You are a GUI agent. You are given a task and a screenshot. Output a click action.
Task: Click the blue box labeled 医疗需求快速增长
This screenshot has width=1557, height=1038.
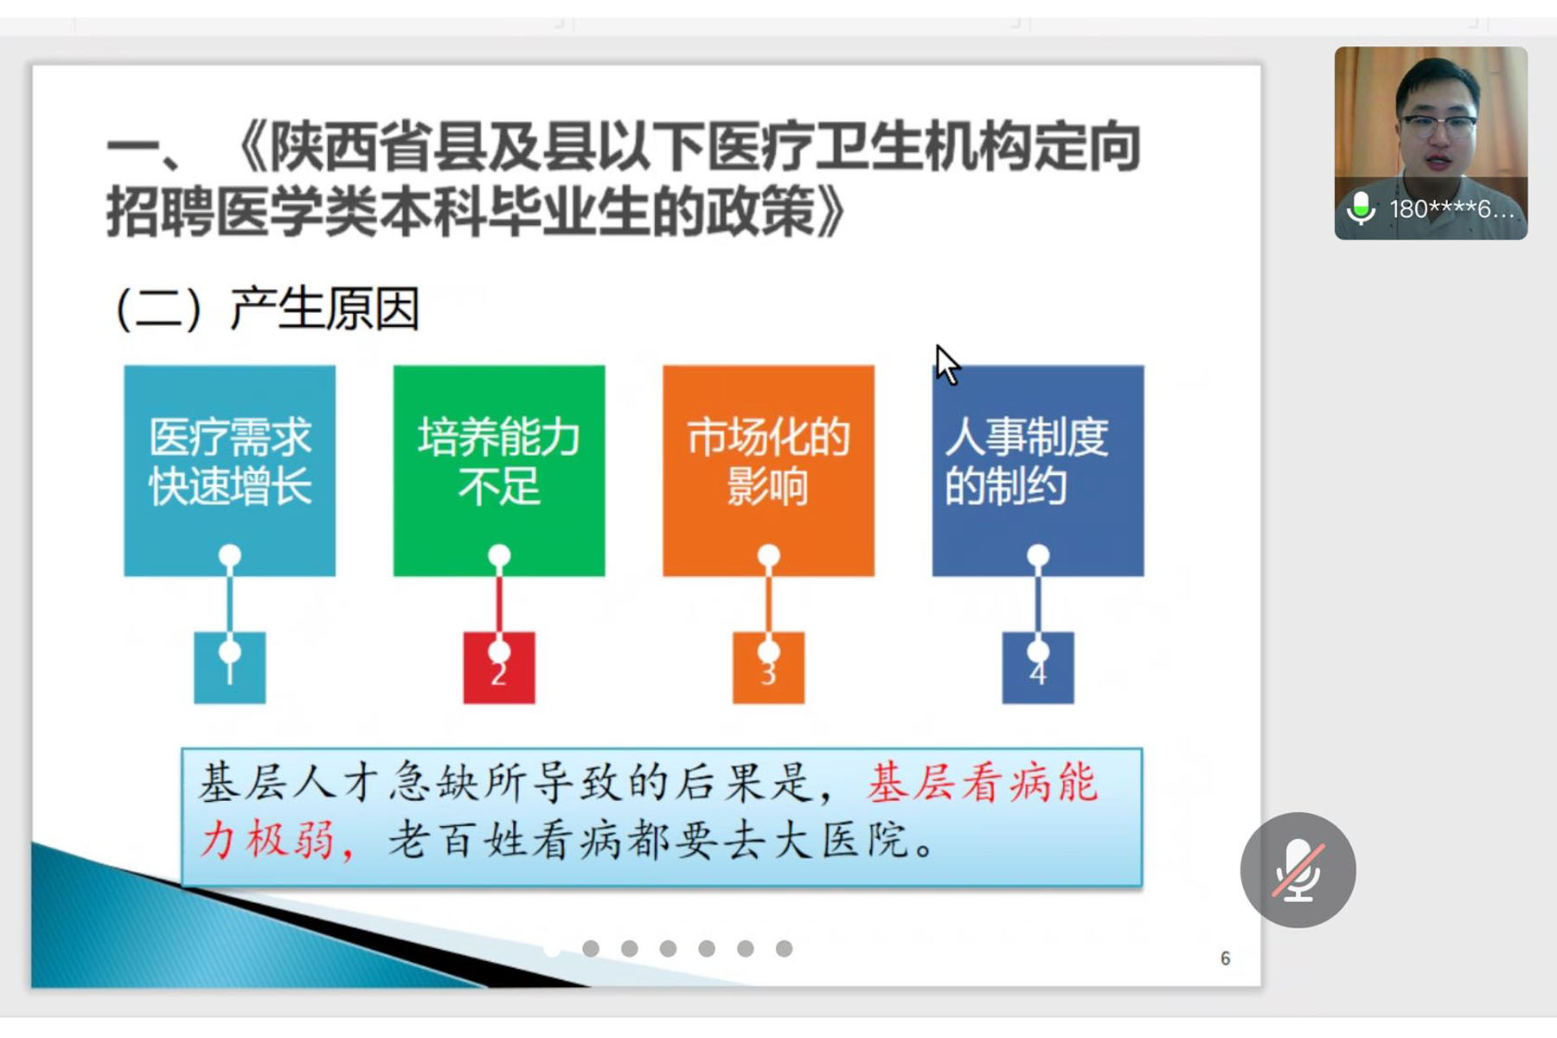tap(229, 471)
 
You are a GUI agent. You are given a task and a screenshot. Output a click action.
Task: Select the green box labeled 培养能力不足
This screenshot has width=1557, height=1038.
tap(499, 471)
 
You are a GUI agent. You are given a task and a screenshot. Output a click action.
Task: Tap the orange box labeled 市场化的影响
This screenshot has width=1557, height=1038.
tap(768, 471)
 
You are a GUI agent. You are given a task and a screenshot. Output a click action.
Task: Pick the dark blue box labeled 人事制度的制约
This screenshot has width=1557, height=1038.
tap(1038, 471)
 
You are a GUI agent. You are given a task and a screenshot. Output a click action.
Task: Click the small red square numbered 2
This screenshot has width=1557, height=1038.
tap(499, 668)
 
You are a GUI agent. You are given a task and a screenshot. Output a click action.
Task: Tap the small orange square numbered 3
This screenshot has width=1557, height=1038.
tap(768, 668)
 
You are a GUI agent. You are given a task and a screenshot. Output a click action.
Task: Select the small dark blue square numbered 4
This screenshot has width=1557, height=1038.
tap(1038, 668)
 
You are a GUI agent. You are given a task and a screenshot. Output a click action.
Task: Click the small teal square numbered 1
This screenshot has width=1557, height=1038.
tap(229, 668)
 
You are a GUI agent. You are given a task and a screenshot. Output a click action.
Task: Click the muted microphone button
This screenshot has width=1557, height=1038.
tap(1297, 869)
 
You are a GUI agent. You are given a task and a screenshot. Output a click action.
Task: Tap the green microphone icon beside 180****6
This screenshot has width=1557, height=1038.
tap(1361, 208)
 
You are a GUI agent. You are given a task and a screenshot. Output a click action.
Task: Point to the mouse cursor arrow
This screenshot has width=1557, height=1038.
tap(947, 364)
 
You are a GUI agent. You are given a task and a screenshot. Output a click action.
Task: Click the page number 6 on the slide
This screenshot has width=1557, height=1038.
tap(1225, 958)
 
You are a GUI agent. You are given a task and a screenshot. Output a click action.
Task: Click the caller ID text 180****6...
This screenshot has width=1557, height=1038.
tap(1451, 208)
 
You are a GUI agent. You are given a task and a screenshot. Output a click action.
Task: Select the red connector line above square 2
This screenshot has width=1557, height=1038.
tap(499, 604)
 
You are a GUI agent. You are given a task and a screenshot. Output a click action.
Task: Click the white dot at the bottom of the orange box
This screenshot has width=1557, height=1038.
tap(768, 554)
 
